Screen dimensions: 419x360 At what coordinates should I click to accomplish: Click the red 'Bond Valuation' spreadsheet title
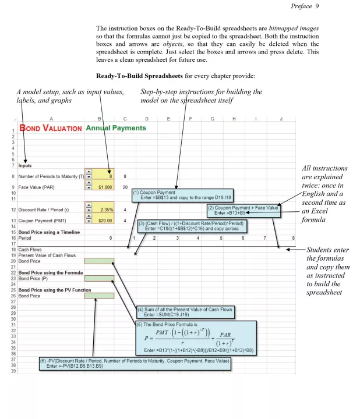(x=51, y=128)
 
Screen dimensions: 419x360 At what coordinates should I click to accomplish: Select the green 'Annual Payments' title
(x=116, y=128)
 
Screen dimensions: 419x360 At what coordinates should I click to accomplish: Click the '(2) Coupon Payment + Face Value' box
(x=243, y=210)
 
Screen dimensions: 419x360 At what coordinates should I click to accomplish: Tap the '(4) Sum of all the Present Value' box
(x=185, y=312)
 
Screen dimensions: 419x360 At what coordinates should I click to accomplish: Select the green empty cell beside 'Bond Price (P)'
(x=99, y=279)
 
